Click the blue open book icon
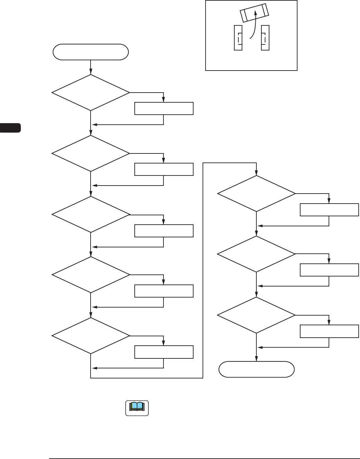(137, 408)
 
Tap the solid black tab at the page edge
(10, 128)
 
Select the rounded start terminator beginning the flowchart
(91, 52)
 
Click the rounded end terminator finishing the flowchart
(256, 369)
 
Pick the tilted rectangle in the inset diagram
(254, 13)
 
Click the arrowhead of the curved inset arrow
(255, 12)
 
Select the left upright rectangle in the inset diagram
(238, 38)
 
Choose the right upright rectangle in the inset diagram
(265, 38)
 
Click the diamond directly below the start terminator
(91, 93)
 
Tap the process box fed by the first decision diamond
(164, 109)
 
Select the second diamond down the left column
(91, 153)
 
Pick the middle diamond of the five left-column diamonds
(91, 214)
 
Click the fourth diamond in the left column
(91, 275)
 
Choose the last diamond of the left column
(91, 336)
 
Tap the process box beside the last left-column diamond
(164, 352)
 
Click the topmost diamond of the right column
(256, 194)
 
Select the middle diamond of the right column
(256, 254)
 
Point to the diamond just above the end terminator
(256, 315)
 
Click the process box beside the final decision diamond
(329, 331)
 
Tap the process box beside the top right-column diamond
(329, 210)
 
